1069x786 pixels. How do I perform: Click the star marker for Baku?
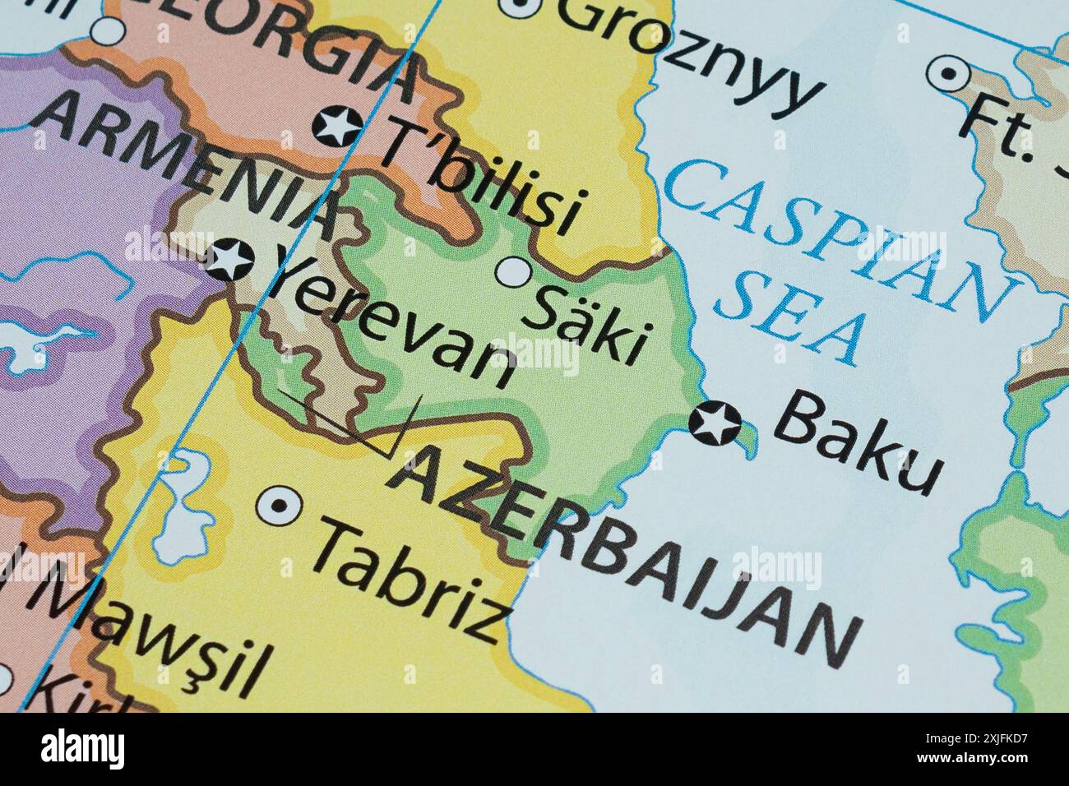(713, 423)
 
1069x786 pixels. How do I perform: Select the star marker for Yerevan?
(229, 259)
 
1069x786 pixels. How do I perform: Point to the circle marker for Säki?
(516, 272)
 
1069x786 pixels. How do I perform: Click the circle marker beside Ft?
(950, 75)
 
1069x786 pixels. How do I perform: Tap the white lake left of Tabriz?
(182, 510)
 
